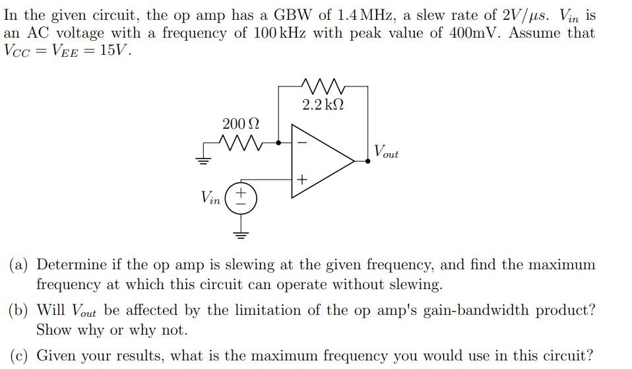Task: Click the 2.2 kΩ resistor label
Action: click(x=323, y=104)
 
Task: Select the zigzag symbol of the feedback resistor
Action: click(x=323, y=86)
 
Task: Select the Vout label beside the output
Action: click(x=385, y=152)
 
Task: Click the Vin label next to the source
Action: click(x=210, y=197)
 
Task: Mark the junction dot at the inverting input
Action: click(x=279, y=142)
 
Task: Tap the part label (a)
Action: click(x=19, y=265)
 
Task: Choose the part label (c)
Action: click(x=18, y=356)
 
